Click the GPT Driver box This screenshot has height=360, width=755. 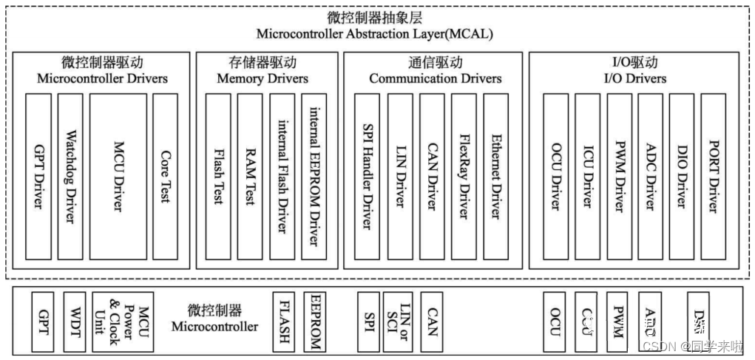[38, 176]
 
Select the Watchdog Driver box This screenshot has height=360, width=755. [71, 176]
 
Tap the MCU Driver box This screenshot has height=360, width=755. [118, 176]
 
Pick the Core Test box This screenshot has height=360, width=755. [165, 176]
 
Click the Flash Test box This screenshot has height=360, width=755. [219, 176]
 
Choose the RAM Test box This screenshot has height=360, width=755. [251, 176]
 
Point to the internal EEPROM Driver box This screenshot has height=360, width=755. [315, 176]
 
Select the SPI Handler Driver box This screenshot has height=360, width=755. [367, 176]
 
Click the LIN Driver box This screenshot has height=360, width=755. [399, 176]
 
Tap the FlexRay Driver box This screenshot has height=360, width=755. [464, 176]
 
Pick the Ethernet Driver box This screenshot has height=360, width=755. [495, 176]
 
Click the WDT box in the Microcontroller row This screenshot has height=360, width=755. [75, 321]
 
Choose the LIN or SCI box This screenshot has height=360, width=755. [403, 321]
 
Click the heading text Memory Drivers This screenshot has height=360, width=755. [263, 78]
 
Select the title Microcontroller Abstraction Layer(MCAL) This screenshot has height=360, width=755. [374, 34]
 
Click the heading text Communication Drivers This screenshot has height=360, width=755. [435, 78]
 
